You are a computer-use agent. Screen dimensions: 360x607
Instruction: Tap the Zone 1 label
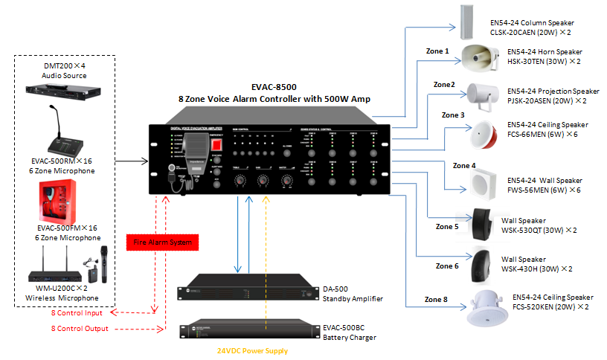point(437,51)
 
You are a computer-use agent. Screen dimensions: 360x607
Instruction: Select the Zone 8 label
point(437,299)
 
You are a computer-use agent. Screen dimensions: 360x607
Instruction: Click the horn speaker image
point(479,57)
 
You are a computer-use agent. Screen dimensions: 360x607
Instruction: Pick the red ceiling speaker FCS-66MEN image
point(481,135)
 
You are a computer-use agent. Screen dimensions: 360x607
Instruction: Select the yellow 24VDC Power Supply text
point(252,350)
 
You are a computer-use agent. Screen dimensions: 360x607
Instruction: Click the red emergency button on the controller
point(216,143)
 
